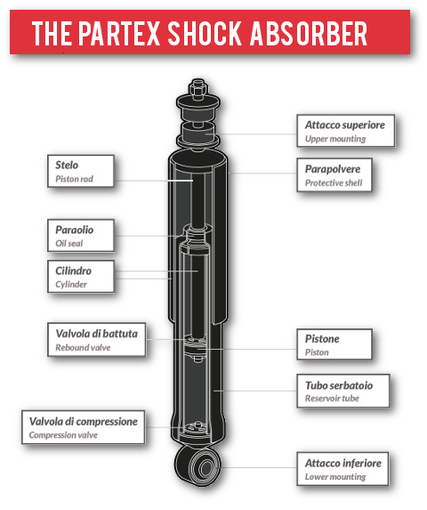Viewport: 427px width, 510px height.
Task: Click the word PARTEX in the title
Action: coord(119,33)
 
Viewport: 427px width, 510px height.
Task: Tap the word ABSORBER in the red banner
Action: coord(309,33)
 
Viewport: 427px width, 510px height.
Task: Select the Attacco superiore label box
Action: coord(346,131)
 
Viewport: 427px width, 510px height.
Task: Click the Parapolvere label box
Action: coord(334,175)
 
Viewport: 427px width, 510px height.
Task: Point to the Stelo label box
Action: coord(81,171)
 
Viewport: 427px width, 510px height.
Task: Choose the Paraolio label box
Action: coord(81,236)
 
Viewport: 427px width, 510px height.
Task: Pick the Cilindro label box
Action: coord(81,277)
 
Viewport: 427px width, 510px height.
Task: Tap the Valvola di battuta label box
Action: coord(96,340)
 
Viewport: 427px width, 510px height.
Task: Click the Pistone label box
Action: coord(334,344)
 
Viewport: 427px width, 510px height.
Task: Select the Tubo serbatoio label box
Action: coord(343,391)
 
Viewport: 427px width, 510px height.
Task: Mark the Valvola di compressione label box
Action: coord(84,427)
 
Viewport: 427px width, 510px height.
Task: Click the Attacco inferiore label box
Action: coord(342,469)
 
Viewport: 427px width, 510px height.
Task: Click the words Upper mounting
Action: coord(335,139)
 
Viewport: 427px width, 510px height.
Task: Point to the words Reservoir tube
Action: coord(332,398)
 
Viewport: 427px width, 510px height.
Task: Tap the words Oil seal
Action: coord(68,243)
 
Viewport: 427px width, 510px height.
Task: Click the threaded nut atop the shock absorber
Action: coord(197,88)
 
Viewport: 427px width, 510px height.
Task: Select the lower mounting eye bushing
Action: coord(204,467)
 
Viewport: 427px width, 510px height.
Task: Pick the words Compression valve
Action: coord(63,435)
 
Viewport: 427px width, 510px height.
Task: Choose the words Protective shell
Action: coord(334,183)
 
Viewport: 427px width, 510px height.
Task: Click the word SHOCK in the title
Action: coord(205,33)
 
